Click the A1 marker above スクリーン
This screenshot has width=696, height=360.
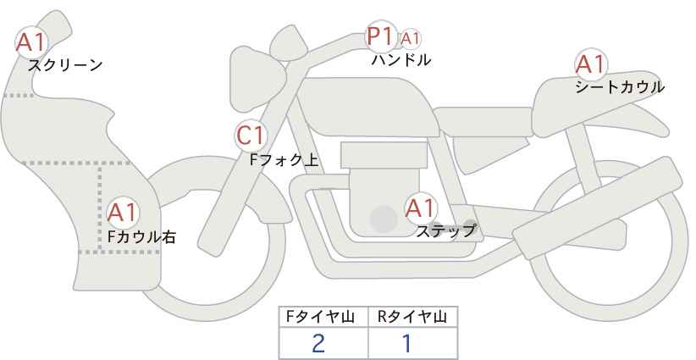(31, 42)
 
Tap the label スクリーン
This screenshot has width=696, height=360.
(65, 66)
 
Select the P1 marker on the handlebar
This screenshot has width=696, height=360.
(381, 36)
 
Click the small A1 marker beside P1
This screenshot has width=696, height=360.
(410, 39)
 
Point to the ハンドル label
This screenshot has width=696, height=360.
(400, 60)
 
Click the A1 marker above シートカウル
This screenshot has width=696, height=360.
(591, 64)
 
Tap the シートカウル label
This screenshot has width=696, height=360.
(620, 87)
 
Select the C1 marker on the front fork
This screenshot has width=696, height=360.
(251, 136)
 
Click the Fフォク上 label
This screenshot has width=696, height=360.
(284, 160)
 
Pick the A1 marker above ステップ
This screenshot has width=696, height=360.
(421, 208)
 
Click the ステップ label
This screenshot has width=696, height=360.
(445, 231)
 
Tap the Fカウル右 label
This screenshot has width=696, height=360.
(141, 236)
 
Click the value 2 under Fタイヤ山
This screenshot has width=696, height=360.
(318, 344)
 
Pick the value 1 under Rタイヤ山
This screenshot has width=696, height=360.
(406, 344)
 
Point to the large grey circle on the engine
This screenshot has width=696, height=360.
(384, 219)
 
